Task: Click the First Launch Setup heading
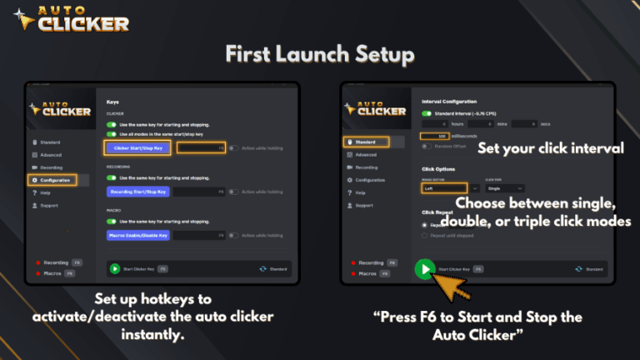[x=320, y=55]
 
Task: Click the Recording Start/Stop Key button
[x=138, y=192]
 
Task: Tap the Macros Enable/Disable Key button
[x=138, y=236]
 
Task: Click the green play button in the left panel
[x=115, y=269]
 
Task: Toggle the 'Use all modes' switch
[x=111, y=133]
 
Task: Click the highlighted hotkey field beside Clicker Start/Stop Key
[x=202, y=147]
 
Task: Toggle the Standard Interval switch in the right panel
[x=427, y=113]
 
